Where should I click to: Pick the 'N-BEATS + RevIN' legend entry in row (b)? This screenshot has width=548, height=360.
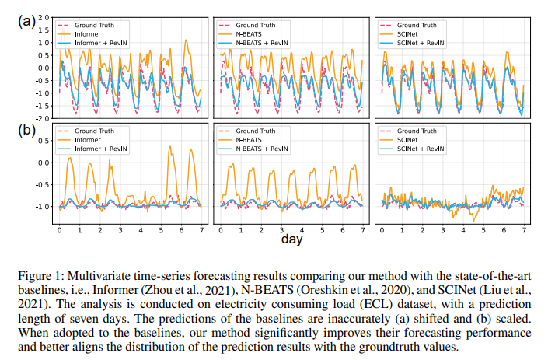tap(264, 148)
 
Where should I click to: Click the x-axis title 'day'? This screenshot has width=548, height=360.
tap(292, 240)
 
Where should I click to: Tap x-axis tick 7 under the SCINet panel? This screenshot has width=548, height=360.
tap(524, 232)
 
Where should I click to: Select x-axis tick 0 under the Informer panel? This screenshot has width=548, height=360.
tap(59, 232)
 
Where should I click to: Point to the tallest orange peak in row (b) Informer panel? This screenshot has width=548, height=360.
tap(170, 146)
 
